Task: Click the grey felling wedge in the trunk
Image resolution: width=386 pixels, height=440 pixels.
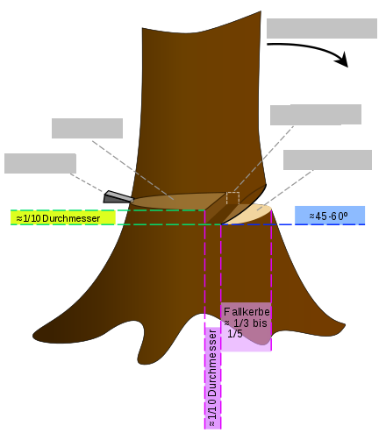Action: click(x=118, y=197)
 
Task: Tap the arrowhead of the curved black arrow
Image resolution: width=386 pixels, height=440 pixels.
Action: click(x=342, y=60)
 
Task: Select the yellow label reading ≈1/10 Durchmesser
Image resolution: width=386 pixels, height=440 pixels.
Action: click(x=63, y=217)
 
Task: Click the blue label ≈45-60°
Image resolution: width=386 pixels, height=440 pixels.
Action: click(x=330, y=216)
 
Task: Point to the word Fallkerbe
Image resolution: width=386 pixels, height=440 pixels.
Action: click(x=247, y=312)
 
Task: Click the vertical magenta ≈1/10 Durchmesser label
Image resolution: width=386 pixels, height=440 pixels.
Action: click(x=212, y=378)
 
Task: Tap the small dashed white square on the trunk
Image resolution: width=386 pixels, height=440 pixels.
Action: click(x=232, y=198)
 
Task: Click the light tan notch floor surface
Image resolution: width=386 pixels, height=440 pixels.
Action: click(x=252, y=215)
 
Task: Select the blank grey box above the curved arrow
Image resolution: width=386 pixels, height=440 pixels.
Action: click(x=322, y=28)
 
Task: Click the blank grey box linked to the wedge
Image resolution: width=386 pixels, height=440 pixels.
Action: click(x=40, y=163)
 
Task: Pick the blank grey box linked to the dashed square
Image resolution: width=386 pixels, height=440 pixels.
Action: click(x=316, y=115)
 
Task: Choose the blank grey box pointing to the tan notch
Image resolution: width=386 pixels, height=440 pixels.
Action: click(x=327, y=160)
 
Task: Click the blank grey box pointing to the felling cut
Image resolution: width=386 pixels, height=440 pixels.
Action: click(x=87, y=128)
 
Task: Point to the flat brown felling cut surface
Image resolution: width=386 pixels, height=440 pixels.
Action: click(x=175, y=201)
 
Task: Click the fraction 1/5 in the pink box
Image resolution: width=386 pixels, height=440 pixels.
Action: click(x=235, y=334)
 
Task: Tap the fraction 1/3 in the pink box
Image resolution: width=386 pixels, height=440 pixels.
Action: click(x=241, y=323)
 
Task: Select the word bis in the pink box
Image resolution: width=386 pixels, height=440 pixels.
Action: click(x=260, y=323)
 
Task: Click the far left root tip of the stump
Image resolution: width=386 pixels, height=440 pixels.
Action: click(x=33, y=335)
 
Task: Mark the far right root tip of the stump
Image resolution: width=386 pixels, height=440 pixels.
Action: click(x=345, y=324)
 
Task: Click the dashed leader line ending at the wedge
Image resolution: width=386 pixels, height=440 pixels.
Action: click(x=87, y=183)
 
